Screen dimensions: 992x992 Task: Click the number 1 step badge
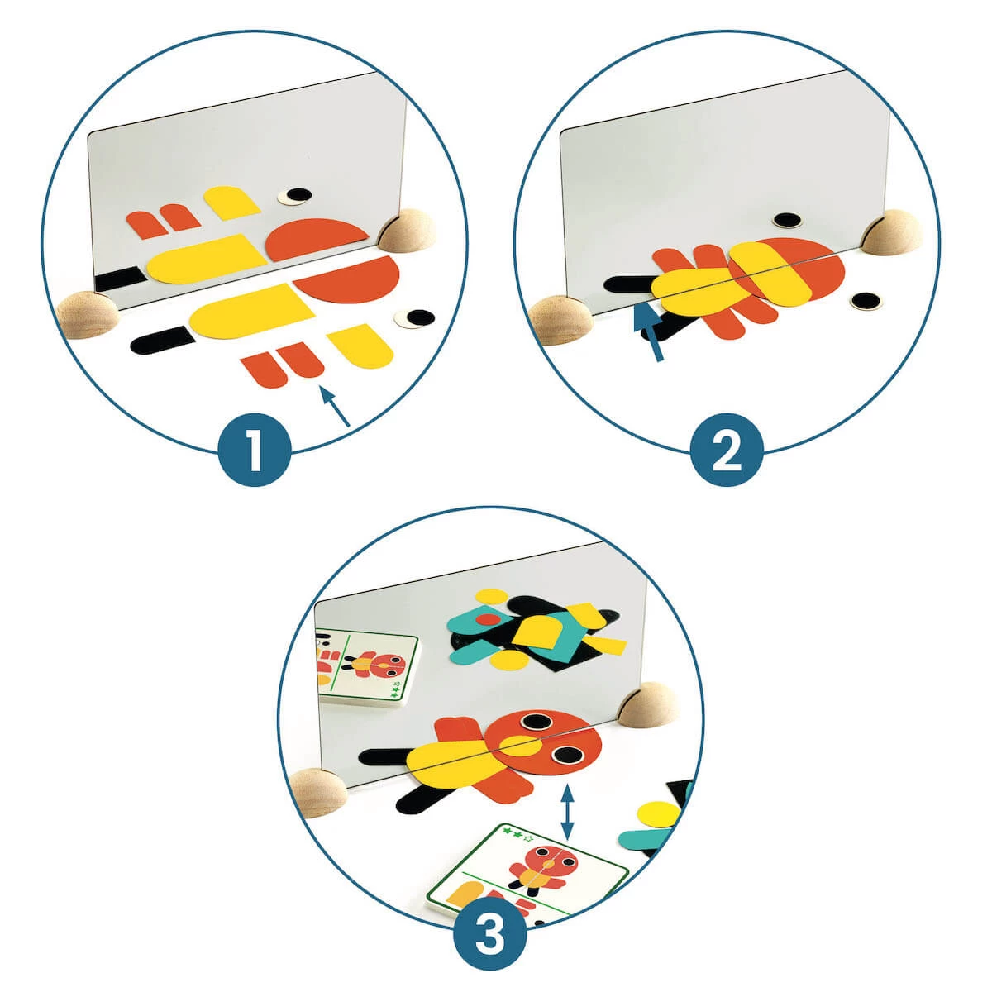click(x=255, y=450)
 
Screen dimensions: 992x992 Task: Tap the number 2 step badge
click(x=727, y=450)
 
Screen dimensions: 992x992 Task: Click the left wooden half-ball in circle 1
click(x=88, y=314)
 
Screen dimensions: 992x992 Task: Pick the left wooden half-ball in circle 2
click(x=559, y=319)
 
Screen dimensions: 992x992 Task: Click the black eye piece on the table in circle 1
click(x=415, y=318)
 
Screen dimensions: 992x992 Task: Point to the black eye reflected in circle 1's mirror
click(x=295, y=196)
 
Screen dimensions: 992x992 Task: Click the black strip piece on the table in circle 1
click(x=160, y=340)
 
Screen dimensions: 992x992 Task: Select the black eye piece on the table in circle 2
click(x=866, y=301)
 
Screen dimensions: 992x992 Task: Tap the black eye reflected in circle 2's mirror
click(x=788, y=221)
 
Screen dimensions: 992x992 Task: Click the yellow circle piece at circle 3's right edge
click(x=657, y=819)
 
